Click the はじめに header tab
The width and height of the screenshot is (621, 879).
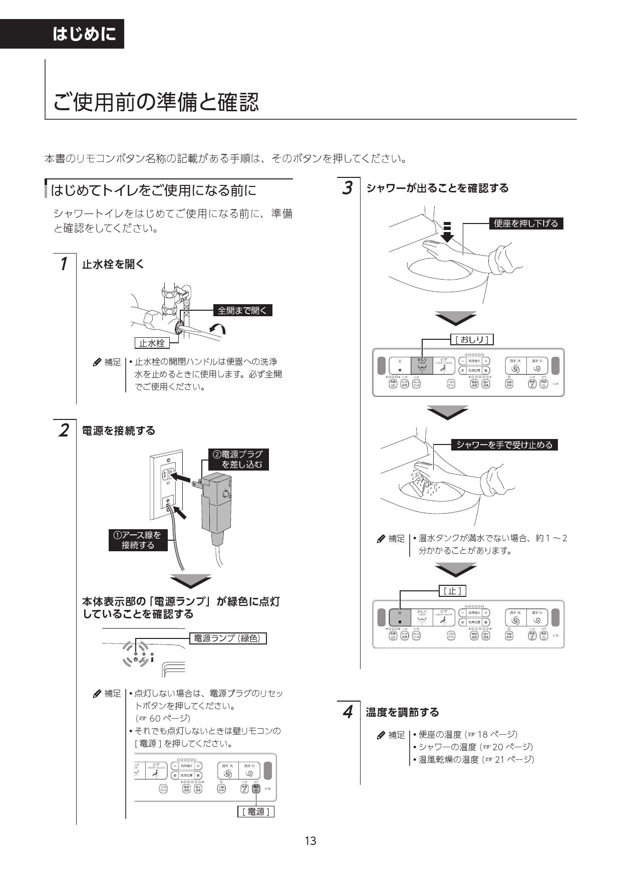click(x=84, y=34)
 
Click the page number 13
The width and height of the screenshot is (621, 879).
click(x=310, y=841)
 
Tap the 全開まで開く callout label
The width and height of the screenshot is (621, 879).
click(x=243, y=311)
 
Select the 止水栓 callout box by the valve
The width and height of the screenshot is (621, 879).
click(x=152, y=343)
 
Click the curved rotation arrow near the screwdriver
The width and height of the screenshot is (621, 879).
click(x=218, y=328)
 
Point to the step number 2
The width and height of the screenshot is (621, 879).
click(x=64, y=430)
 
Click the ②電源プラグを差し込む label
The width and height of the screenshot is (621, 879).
click(x=238, y=459)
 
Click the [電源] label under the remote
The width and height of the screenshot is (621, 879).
click(x=255, y=811)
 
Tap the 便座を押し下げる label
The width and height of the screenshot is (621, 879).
click(x=525, y=224)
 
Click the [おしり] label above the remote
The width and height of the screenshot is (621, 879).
click(x=472, y=340)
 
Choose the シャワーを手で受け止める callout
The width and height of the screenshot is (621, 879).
click(x=504, y=445)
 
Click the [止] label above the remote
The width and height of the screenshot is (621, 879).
click(x=453, y=591)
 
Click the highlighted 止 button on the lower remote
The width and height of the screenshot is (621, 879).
click(x=400, y=617)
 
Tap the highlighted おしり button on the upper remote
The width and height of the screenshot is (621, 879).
click(x=422, y=365)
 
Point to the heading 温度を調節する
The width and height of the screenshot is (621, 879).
click(x=402, y=712)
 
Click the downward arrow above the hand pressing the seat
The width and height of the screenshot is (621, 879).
click(x=448, y=232)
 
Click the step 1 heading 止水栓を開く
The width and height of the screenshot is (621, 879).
click(x=113, y=264)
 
